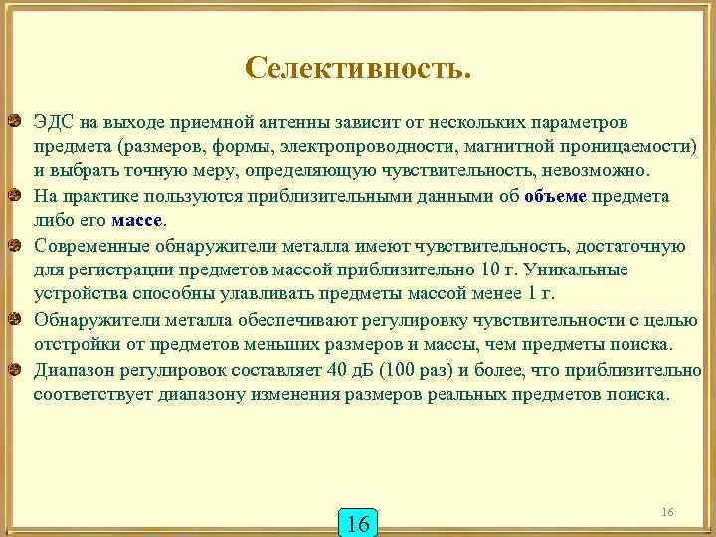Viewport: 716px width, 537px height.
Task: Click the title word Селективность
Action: (358, 68)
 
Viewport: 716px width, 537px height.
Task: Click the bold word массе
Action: (136, 220)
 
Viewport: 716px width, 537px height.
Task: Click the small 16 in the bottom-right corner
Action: (667, 511)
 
